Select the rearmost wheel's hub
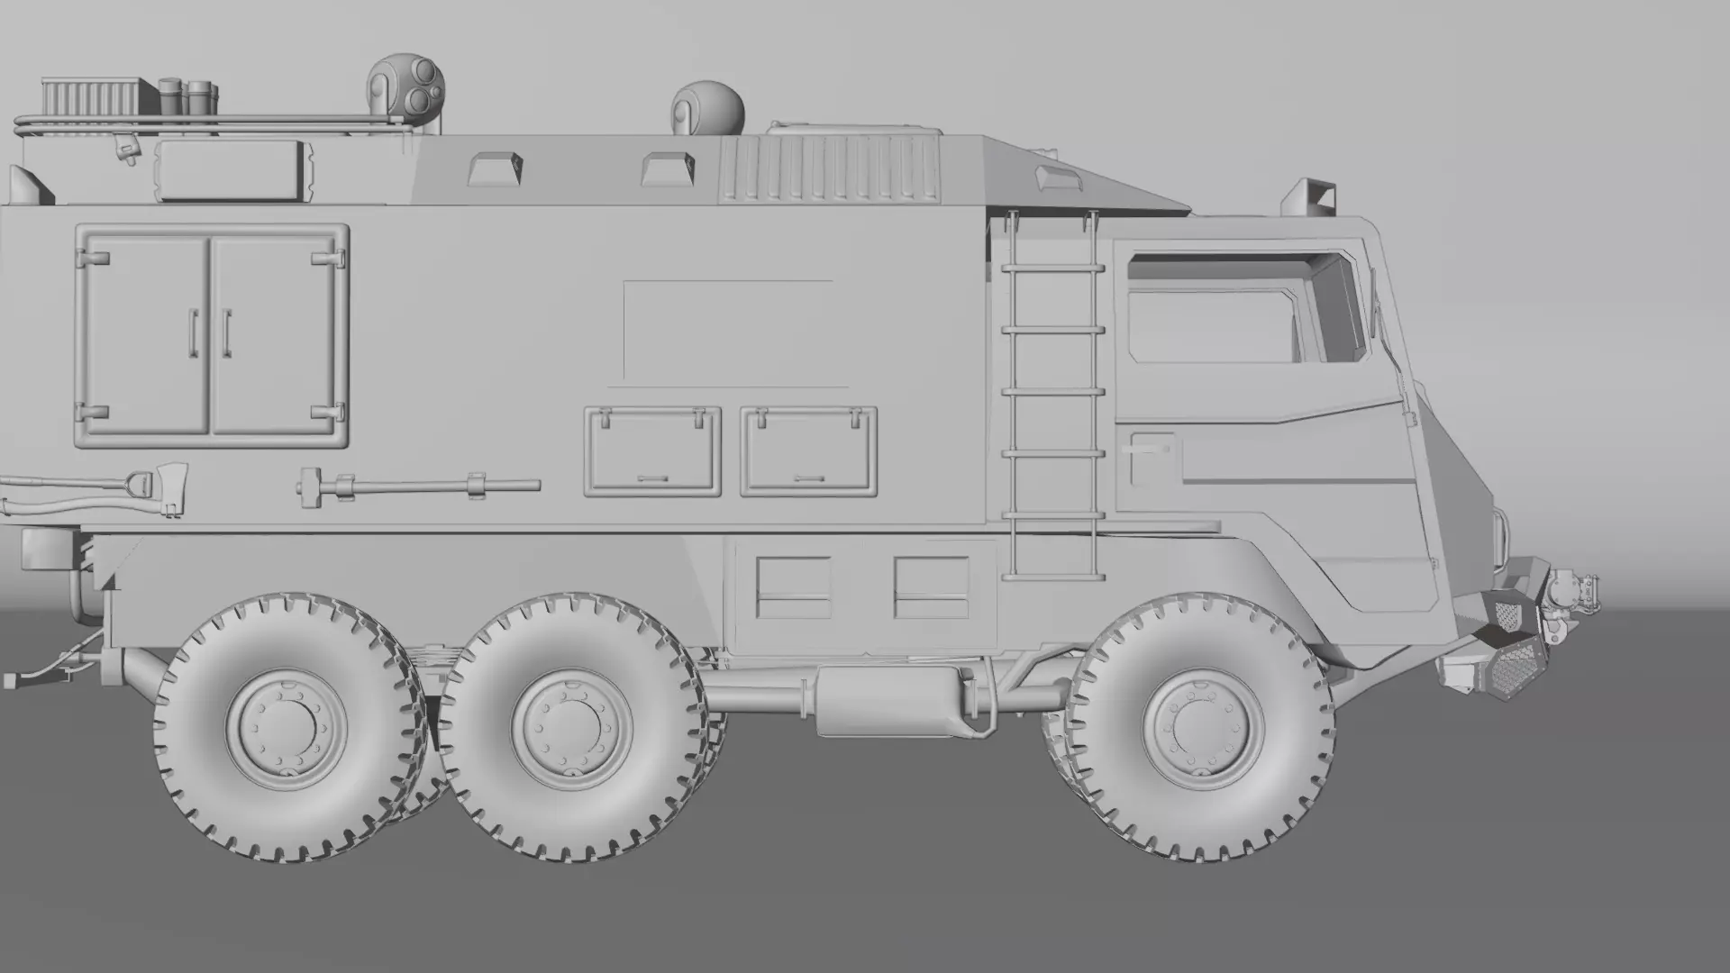[287, 725]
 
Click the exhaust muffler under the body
[888, 700]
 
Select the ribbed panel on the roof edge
[829, 171]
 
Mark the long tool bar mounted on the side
[419, 487]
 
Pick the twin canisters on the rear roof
[188, 95]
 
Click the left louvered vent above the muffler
[794, 587]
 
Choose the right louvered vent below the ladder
[932, 587]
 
